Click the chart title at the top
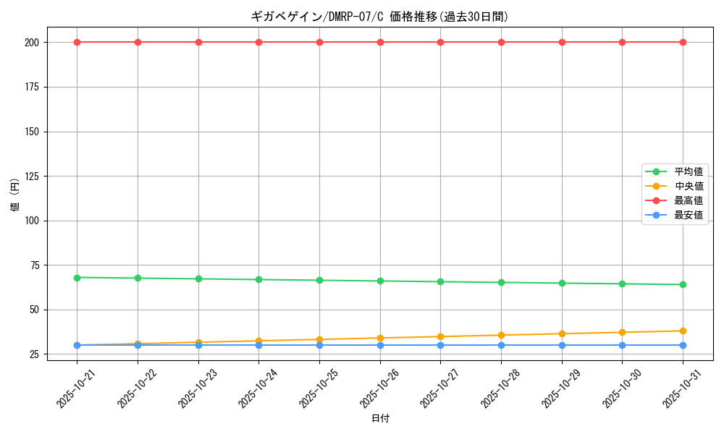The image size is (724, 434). click(379, 17)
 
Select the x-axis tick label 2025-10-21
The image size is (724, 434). click(72, 386)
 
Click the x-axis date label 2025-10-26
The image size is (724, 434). click(376, 386)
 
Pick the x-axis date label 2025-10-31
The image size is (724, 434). click(678, 386)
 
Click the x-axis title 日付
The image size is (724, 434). click(380, 419)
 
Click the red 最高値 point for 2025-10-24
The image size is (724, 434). click(258, 42)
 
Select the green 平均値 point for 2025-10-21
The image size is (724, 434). click(77, 278)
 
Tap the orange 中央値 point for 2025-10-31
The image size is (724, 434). click(683, 331)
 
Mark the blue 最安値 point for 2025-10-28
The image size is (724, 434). click(501, 345)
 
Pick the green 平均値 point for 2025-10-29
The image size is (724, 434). click(562, 283)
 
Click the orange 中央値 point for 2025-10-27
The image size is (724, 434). click(440, 336)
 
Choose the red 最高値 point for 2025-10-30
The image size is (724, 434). click(622, 42)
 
